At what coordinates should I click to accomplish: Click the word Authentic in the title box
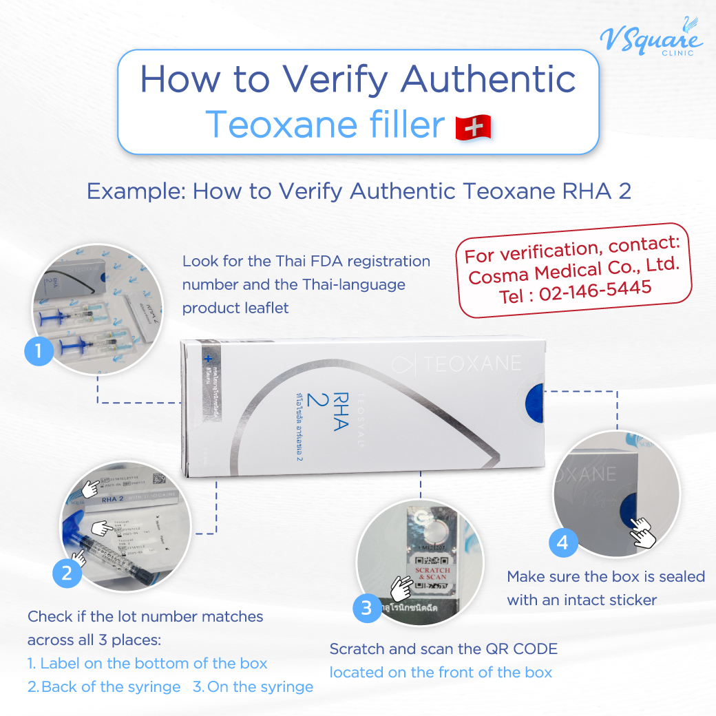[489, 79]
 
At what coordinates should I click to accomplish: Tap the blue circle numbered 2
[67, 573]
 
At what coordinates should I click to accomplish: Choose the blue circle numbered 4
[563, 543]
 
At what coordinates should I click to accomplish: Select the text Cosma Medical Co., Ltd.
[580, 268]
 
